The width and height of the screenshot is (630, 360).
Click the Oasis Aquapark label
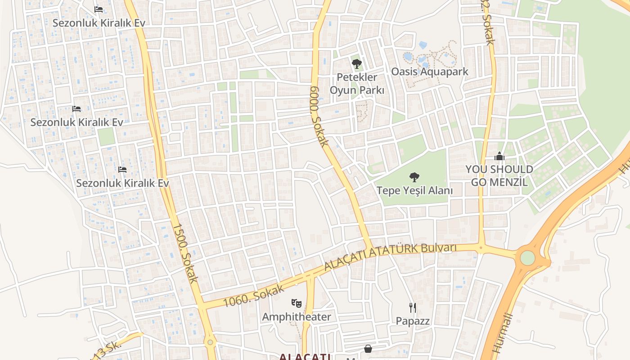point(429,72)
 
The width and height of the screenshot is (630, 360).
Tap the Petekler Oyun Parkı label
point(357,84)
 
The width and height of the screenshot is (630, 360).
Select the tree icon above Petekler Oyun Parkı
point(357,64)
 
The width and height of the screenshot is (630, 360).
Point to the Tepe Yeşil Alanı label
point(414,190)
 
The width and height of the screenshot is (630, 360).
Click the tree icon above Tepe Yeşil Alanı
point(414,177)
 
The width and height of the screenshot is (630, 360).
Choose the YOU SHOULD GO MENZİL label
point(499,175)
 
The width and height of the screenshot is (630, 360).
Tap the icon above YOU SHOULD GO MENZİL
point(499,157)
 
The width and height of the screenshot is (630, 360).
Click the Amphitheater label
point(297,317)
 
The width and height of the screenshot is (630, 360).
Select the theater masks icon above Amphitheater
point(296,303)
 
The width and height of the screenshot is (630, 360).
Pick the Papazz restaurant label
point(413,321)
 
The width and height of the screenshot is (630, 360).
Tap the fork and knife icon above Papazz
point(413,308)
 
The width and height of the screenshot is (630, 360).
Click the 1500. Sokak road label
point(185,253)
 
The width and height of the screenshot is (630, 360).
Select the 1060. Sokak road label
point(253,296)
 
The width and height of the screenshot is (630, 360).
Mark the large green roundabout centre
point(527,258)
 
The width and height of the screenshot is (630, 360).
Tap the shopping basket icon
point(368,349)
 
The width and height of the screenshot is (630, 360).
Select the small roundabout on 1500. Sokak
point(210,342)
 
